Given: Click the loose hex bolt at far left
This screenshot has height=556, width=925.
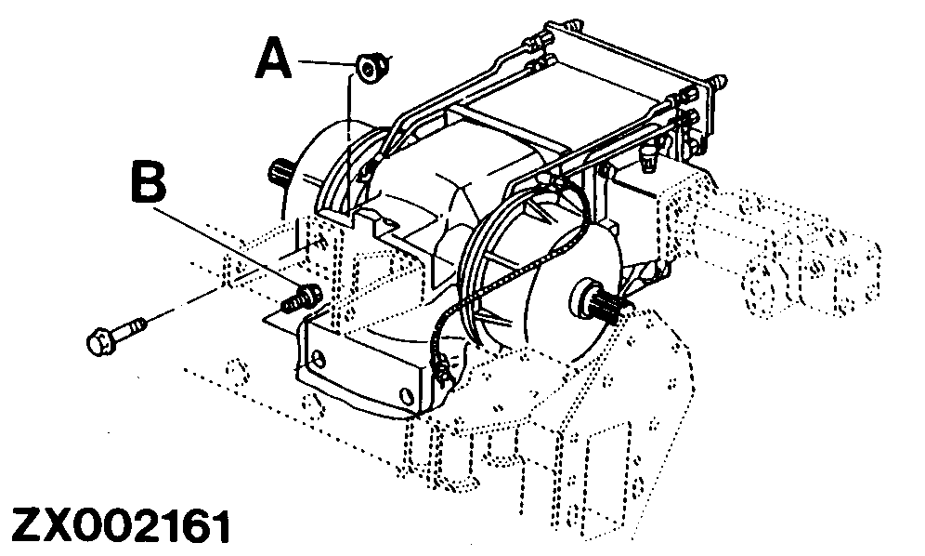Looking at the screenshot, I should [115, 335].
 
